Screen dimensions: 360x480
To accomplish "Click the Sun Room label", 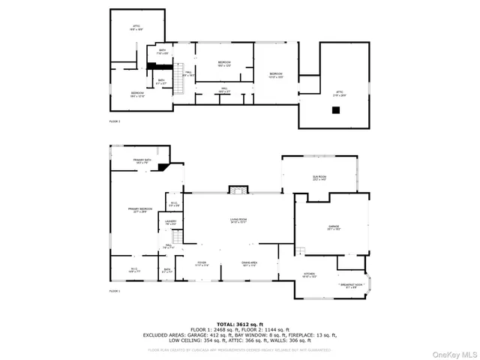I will pos(319,178).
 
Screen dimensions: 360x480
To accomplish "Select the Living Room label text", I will pos(238,220).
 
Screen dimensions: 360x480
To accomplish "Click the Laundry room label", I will pos(171,223).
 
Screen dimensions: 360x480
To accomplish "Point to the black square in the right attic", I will pos(337,109).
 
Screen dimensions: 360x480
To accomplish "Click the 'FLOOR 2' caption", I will pos(115,121).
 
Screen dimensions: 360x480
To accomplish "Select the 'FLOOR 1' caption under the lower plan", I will pos(115,291).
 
